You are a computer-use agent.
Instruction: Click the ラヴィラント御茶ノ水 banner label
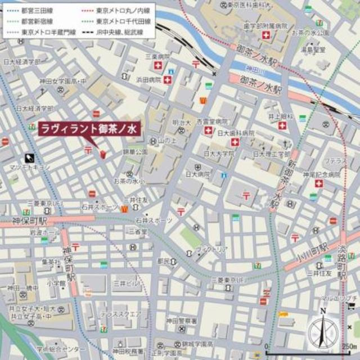88,129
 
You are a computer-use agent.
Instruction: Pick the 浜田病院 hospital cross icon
168,80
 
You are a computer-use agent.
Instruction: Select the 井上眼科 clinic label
279,116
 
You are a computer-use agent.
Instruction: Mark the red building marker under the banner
103,154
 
